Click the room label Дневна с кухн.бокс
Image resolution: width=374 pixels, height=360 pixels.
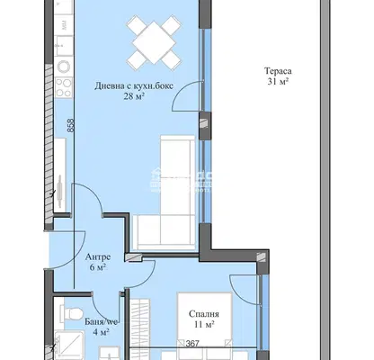tap(134, 86)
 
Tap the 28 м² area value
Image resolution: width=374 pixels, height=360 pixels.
tap(134, 96)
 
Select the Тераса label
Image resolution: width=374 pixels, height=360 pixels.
tap(278, 71)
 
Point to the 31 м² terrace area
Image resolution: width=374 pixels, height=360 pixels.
tap(278, 81)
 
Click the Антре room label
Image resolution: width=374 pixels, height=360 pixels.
tap(98, 256)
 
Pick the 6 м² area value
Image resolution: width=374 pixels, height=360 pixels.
tap(98, 267)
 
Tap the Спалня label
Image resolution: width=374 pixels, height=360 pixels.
tap(204, 314)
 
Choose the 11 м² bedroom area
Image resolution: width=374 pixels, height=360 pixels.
tap(204, 324)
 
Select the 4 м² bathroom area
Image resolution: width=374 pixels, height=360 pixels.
tap(101, 332)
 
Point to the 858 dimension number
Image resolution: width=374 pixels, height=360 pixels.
tap(71, 126)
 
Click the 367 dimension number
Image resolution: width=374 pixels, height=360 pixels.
tap(192, 344)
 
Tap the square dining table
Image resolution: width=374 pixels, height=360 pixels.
tap(154, 42)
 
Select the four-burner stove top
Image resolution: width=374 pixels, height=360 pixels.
tap(64, 87)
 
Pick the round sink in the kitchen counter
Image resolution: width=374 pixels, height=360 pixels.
tap(64, 67)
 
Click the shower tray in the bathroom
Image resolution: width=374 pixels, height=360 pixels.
tap(70, 346)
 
